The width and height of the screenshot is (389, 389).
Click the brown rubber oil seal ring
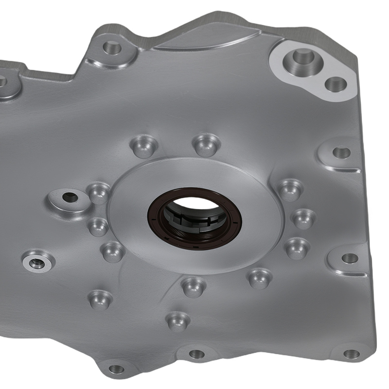point(194,237)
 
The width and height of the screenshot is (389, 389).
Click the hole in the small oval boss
point(70,197)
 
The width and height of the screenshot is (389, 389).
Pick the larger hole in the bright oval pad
point(303,57)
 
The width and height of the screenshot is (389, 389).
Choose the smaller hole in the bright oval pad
point(335,84)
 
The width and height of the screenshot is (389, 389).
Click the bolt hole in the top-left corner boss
point(112,47)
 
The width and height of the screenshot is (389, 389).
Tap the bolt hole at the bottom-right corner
point(351,354)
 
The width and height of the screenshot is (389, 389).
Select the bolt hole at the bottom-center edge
point(197,354)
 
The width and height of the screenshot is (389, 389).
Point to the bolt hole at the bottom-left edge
point(116,369)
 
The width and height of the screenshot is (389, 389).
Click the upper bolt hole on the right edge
point(342,152)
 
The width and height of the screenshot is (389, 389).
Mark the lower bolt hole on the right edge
point(349,258)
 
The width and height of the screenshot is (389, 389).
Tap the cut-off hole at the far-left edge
point(2,81)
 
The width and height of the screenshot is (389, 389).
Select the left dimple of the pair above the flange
point(144,146)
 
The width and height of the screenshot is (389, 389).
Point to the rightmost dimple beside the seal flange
point(304,219)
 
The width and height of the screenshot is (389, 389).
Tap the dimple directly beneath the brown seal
point(193,286)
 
